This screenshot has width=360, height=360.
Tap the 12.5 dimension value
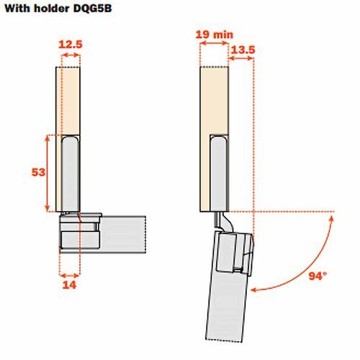coord(69,45)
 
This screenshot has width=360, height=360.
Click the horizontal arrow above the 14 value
coord(70,275)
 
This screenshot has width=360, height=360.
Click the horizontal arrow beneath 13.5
coord(240,59)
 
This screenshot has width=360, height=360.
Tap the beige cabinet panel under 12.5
coord(71,101)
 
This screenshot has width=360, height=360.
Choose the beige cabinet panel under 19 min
coord(214,101)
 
